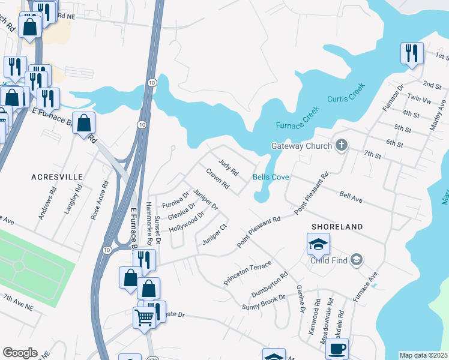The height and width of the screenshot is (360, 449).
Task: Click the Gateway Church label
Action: click(x=301, y=146)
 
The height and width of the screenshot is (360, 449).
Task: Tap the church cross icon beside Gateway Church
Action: click(x=342, y=145)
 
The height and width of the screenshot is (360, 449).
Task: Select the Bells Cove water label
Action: click(x=271, y=178)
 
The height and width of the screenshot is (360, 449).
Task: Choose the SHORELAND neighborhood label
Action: click(x=337, y=227)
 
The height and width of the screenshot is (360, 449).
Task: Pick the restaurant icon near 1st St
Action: click(x=412, y=53)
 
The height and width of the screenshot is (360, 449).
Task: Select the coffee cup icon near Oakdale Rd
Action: click(x=336, y=348)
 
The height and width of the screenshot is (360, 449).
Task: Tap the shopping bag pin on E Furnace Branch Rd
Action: click(x=84, y=124)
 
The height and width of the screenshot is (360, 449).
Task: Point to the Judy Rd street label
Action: click(x=228, y=166)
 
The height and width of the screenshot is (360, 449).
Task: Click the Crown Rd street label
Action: click(x=217, y=179)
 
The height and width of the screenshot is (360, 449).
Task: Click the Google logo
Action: click(x=20, y=353)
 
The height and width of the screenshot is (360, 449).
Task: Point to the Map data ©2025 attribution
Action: click(x=424, y=355)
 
